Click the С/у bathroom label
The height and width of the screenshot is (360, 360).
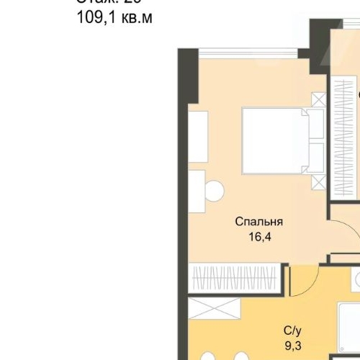coord(292,331)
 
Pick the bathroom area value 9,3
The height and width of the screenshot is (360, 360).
coord(292,346)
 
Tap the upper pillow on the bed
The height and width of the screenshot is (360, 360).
coord(315,125)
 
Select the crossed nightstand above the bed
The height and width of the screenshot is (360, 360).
coord(318,99)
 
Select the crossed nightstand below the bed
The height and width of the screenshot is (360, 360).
coord(318,181)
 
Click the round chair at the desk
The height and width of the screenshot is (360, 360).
coord(214,190)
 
